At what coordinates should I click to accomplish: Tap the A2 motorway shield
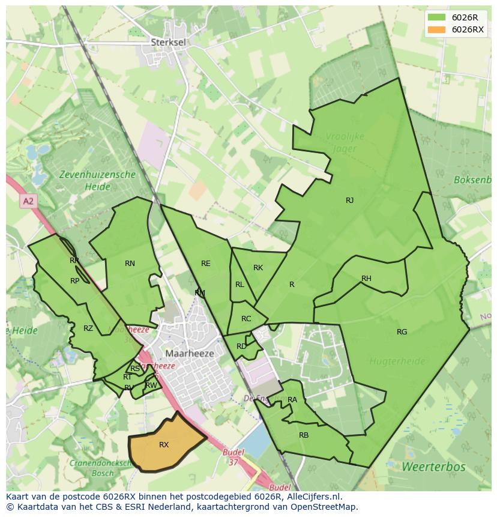[x=28, y=201]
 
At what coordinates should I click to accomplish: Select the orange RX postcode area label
[x=164, y=445]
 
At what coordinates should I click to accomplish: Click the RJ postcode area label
[x=349, y=201]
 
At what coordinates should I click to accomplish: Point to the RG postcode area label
[x=402, y=332]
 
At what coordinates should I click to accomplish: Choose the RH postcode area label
[x=366, y=279]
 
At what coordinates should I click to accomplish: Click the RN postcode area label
[x=130, y=264]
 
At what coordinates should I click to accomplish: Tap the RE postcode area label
[x=206, y=264]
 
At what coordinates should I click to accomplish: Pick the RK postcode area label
[x=258, y=268]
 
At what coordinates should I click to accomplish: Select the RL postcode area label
[x=239, y=285]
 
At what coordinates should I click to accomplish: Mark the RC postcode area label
[x=246, y=319]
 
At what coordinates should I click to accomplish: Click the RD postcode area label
[x=241, y=346]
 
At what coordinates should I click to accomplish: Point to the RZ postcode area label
[x=88, y=328]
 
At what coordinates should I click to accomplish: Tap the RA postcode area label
[x=292, y=400]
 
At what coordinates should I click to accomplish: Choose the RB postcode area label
[x=304, y=435]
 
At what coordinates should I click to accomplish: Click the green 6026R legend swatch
[x=436, y=17]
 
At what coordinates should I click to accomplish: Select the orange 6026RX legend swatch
[x=436, y=29]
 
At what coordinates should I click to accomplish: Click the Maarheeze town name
[x=190, y=354]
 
